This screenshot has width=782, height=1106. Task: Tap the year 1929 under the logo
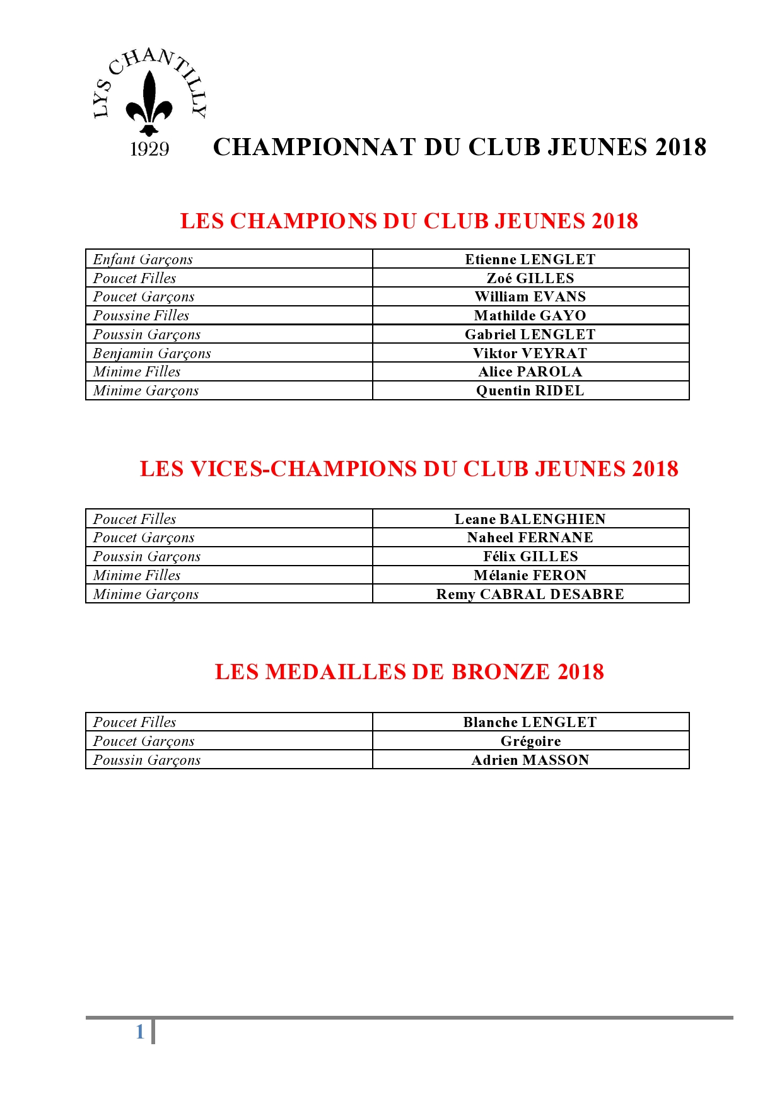149,149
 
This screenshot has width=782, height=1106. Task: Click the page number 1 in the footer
140,1032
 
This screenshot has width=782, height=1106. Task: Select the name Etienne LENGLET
530,259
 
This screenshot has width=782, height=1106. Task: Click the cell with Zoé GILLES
530,278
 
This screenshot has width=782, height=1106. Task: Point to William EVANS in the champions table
530,296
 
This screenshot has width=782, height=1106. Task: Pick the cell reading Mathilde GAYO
530,315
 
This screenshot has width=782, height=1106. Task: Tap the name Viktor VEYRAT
530,353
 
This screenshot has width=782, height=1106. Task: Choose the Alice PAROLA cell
530,371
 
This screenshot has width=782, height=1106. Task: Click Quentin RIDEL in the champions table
530,390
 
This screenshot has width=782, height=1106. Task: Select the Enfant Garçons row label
143,259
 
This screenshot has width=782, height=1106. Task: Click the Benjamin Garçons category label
152,353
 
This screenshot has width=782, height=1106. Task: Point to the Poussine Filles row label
141,315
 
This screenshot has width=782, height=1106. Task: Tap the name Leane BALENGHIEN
530,519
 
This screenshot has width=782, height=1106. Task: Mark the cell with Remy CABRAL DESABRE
530,594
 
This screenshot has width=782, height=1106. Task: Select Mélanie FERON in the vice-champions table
530,575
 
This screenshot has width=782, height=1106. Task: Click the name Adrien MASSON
530,760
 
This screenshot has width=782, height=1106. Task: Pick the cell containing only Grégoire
530,741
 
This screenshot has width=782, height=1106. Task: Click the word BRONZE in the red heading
501,672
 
